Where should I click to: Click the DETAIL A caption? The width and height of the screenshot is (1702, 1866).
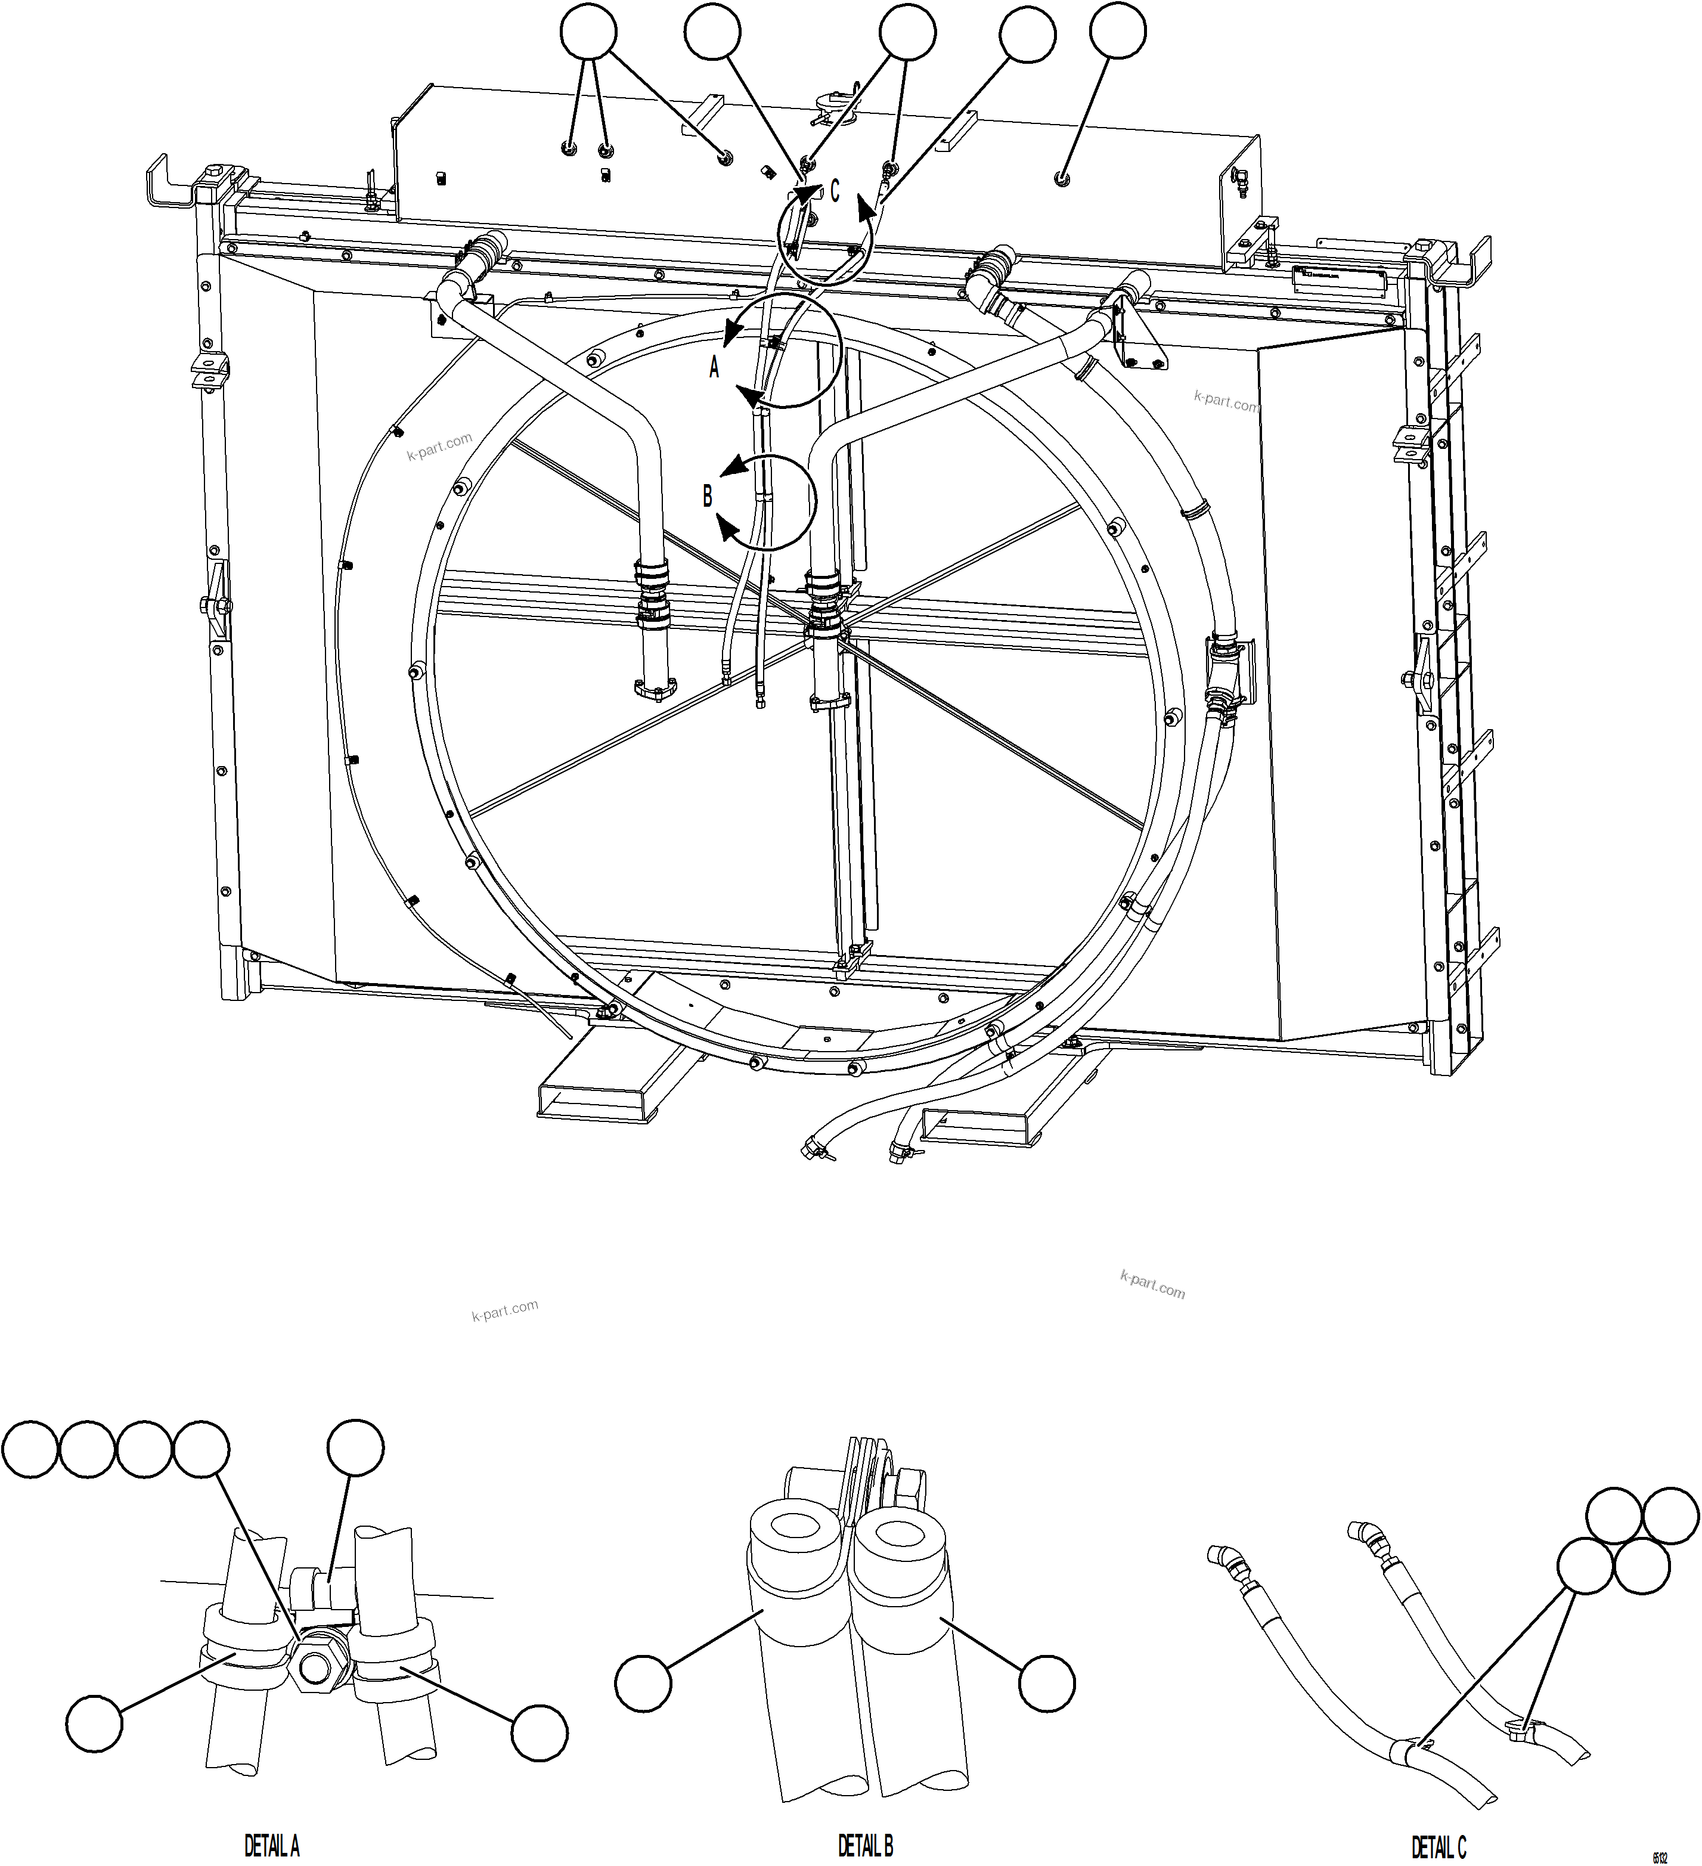click(x=271, y=1846)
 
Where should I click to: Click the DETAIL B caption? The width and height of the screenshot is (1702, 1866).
click(x=866, y=1846)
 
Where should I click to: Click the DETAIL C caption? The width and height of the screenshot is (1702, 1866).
click(x=1439, y=1846)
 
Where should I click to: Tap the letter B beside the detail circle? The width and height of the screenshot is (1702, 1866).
click(x=707, y=497)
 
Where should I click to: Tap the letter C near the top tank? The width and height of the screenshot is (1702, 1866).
click(x=834, y=191)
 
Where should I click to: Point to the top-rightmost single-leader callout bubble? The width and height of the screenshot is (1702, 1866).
click(x=1118, y=33)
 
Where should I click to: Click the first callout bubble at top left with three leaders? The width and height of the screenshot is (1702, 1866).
click(x=588, y=33)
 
